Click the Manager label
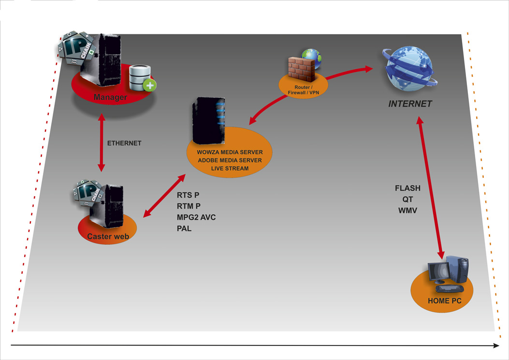tap(110, 97)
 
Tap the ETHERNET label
tap(124, 144)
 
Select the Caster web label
tap(108, 236)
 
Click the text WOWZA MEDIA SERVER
tap(230, 152)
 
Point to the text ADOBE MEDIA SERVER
tap(230, 160)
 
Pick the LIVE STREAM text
tap(230, 168)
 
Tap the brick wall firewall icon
tap(301, 69)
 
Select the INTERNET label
tap(410, 104)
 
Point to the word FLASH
tap(407, 188)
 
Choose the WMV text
tap(408, 211)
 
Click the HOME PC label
tap(444, 301)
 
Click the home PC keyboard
tap(449, 288)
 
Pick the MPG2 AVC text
tap(196, 217)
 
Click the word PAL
tap(184, 229)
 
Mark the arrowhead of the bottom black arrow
tap(496, 346)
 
